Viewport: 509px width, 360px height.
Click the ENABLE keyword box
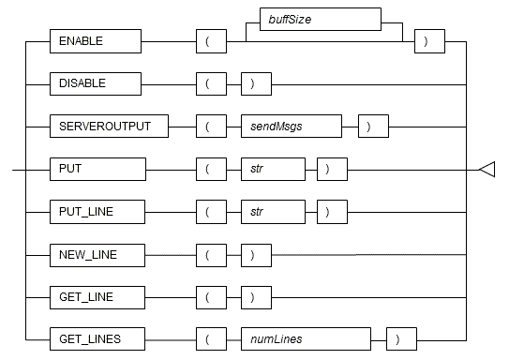[95, 42]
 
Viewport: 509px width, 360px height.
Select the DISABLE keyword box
[95, 83]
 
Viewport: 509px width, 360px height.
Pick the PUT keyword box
[97, 170]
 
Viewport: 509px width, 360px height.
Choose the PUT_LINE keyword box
[97, 212]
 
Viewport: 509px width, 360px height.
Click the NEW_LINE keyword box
[97, 254]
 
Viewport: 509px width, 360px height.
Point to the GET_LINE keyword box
[97, 296]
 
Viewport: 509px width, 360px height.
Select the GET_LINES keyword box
[97, 337]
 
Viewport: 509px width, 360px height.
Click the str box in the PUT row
[272, 170]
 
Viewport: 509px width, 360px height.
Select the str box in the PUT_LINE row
[272, 212]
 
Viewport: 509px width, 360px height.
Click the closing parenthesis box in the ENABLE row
[429, 42]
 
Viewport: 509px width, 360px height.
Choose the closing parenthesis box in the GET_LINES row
[400, 337]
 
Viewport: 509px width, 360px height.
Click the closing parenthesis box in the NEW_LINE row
[255, 254]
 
